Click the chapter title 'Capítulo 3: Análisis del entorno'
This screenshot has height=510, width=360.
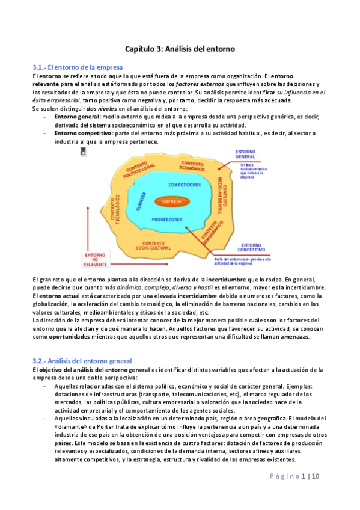coord(180,47)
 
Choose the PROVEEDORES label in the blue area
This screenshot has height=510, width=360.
coord(167,220)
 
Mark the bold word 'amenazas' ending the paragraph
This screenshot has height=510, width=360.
coord(292,336)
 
